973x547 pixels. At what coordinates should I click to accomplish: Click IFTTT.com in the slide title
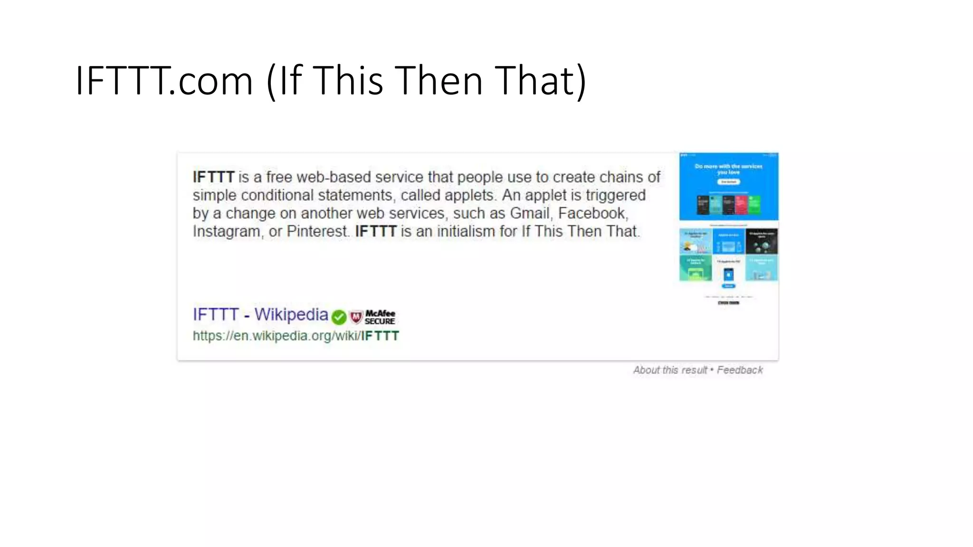click(x=164, y=81)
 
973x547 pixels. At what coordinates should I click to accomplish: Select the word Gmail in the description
click(x=529, y=213)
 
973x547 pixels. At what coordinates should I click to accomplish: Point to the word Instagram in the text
click(x=227, y=231)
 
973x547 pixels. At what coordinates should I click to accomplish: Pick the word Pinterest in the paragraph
click(x=318, y=231)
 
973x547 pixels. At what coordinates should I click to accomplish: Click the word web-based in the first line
click(x=333, y=177)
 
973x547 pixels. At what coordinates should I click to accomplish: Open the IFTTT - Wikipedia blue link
click(x=260, y=314)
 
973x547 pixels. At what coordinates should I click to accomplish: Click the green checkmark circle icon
click(x=339, y=317)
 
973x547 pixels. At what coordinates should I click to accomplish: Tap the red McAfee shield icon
click(x=356, y=317)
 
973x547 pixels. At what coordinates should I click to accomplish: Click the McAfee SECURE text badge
click(x=380, y=317)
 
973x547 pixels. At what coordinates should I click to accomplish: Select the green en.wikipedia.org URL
click(x=296, y=336)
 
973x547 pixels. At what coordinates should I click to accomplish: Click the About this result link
click(x=670, y=370)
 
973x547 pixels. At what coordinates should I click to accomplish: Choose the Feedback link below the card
click(x=740, y=370)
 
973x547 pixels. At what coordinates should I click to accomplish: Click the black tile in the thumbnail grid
click(x=762, y=241)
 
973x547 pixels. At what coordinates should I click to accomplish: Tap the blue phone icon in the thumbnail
click(x=728, y=274)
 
